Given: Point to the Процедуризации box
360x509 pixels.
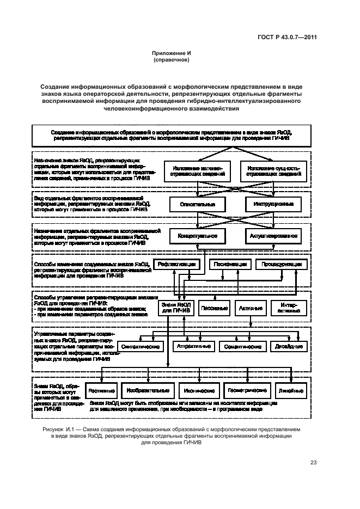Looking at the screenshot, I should (278, 264).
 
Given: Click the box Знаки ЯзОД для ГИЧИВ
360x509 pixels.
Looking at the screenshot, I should (176, 308).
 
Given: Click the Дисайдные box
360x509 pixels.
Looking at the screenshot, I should (285, 346).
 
